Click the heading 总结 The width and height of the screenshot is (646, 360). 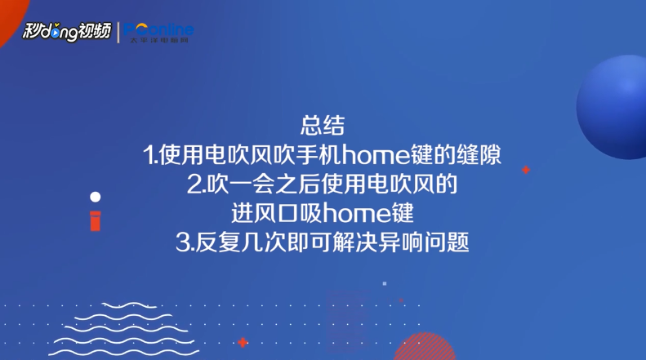click(323, 126)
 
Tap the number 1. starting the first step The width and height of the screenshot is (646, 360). click(150, 155)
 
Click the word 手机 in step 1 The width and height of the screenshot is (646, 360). click(319, 155)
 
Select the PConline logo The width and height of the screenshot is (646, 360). click(161, 31)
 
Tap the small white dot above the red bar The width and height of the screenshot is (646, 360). click(96, 197)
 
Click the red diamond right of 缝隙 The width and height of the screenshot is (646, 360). click(526, 170)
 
